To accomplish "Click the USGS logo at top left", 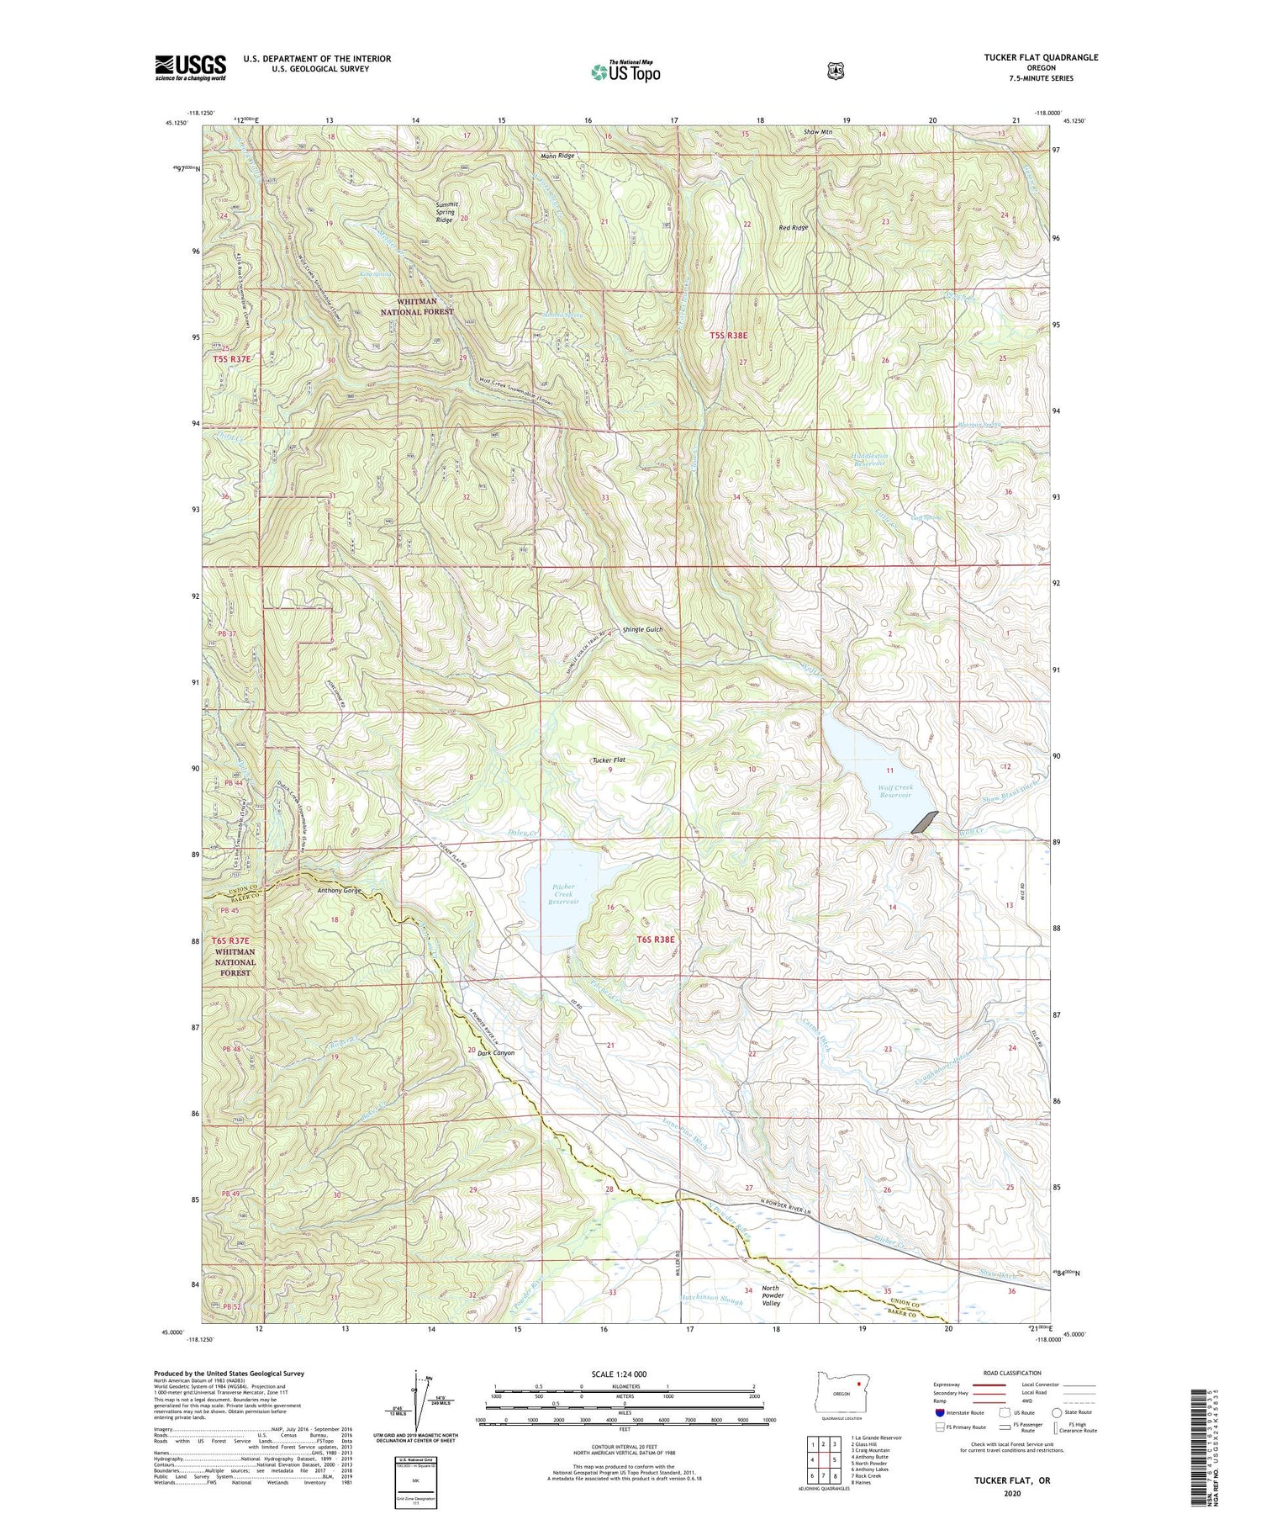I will tap(190, 67).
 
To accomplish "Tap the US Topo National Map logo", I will tap(625, 71).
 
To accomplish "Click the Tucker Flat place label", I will tap(609, 760).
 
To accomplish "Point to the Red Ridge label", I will tap(793, 227).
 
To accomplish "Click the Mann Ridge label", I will tap(557, 156).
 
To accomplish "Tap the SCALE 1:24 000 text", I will tap(623, 1374).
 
